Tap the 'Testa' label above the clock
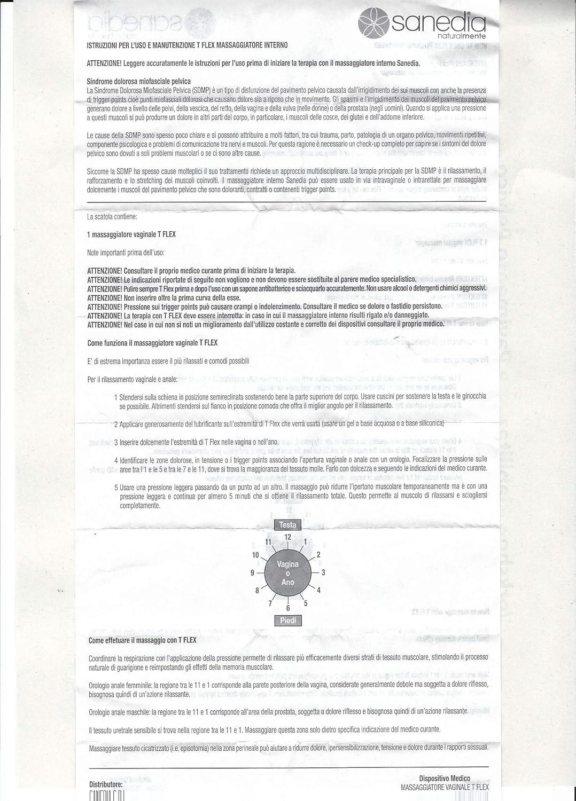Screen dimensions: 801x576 click(287, 524)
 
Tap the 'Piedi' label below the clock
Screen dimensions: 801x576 click(287, 620)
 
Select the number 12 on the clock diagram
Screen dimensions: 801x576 click(287, 537)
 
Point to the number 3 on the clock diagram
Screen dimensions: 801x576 click(323, 572)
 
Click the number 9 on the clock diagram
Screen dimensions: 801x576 click(252, 572)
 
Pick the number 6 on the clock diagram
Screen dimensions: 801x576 click(288, 608)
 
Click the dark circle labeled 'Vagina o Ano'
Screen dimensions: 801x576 click(287, 572)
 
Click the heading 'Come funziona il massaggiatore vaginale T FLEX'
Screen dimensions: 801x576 click(152, 343)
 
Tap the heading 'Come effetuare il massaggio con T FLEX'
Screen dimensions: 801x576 click(142, 640)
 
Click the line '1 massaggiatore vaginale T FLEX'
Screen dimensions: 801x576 click(131, 234)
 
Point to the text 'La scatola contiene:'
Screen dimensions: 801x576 click(112, 217)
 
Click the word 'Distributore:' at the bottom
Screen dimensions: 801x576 click(106, 784)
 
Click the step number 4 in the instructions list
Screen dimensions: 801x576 click(116, 460)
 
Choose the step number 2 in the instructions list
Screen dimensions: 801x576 click(116, 424)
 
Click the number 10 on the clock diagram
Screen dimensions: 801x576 click(255, 554)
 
